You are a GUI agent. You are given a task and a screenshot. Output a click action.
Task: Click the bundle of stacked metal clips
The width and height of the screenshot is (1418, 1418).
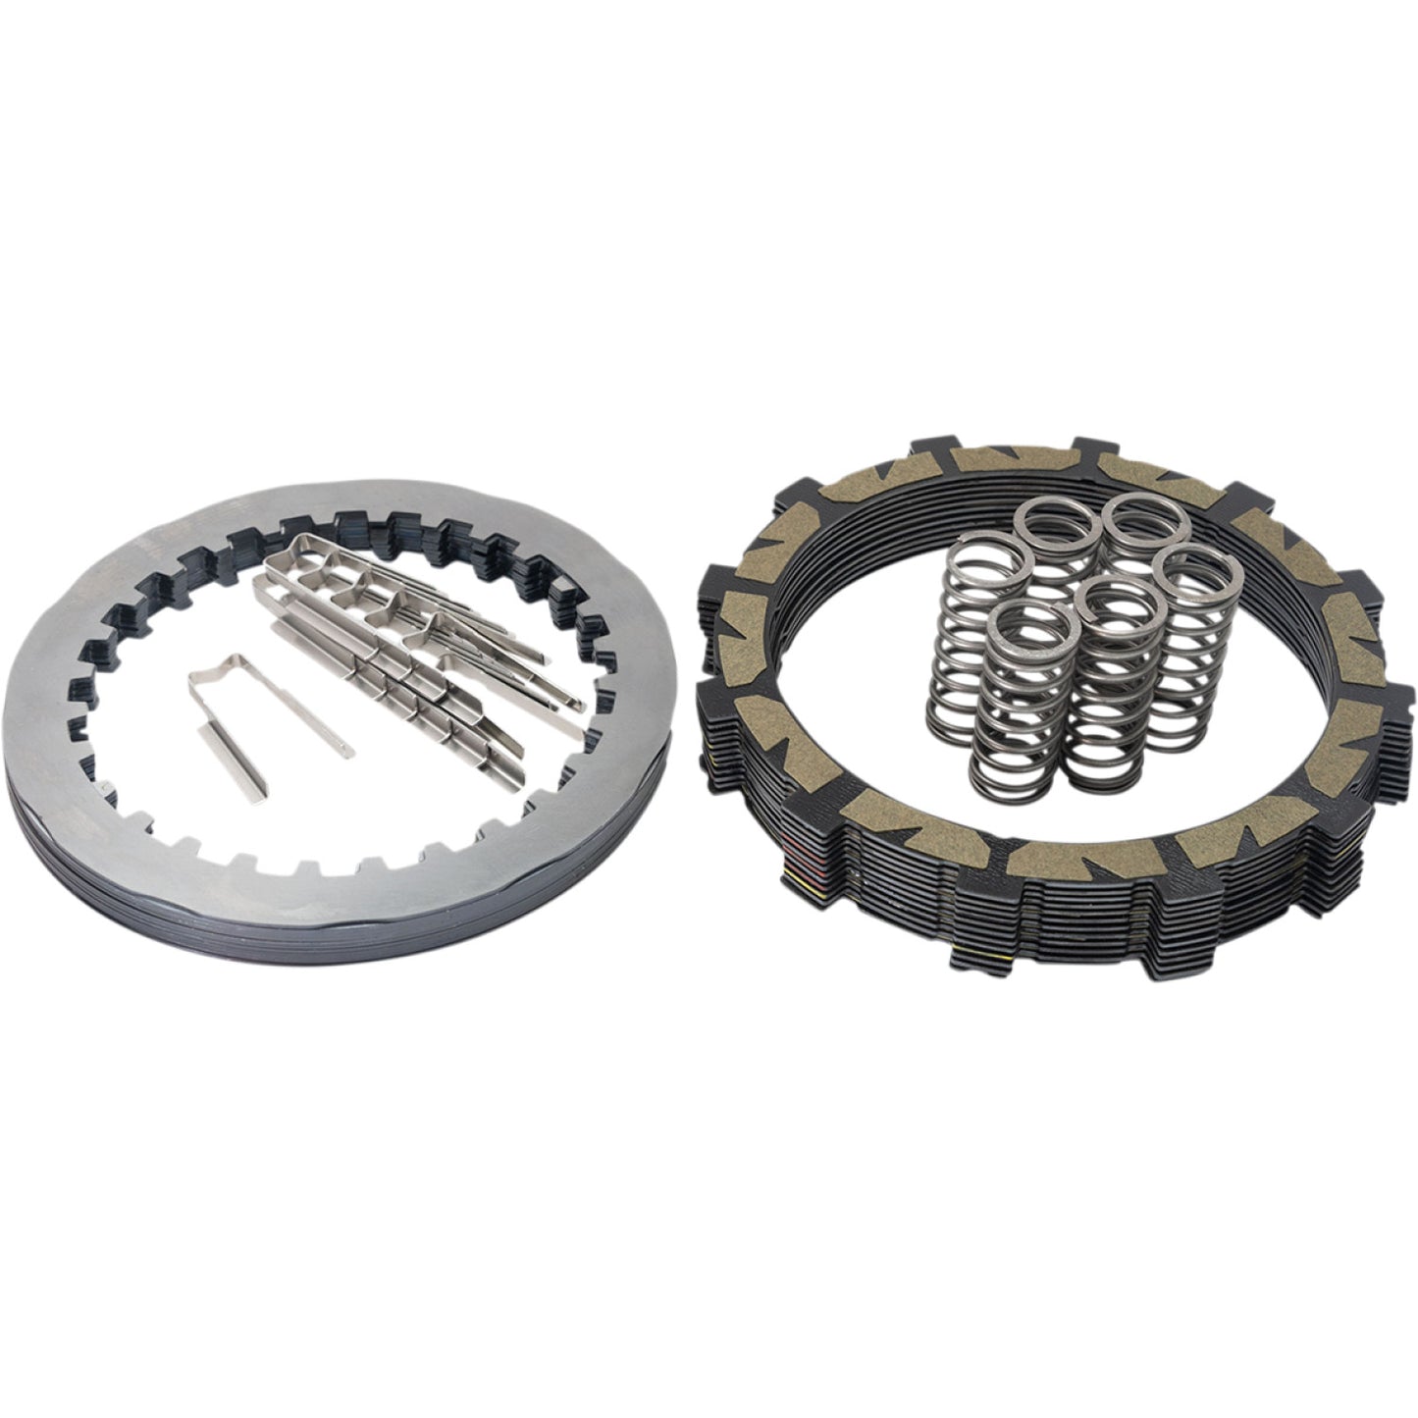(422, 628)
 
